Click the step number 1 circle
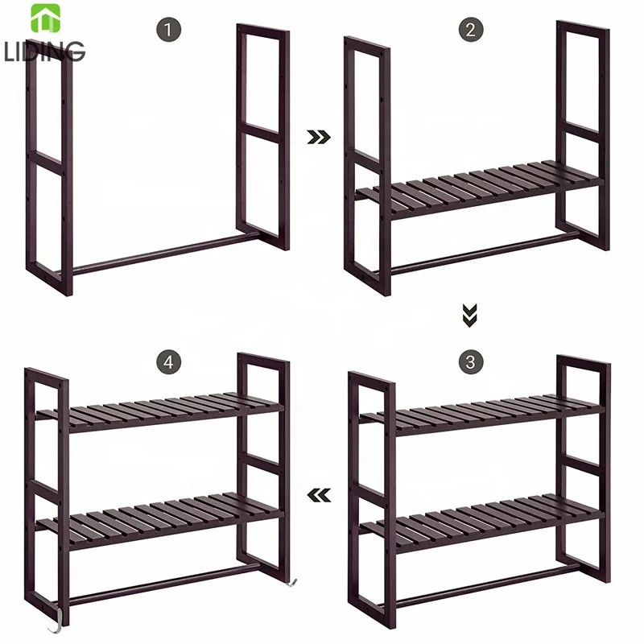(168, 31)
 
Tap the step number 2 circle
(472, 31)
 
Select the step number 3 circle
(471, 361)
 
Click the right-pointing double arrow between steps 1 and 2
(320, 138)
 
